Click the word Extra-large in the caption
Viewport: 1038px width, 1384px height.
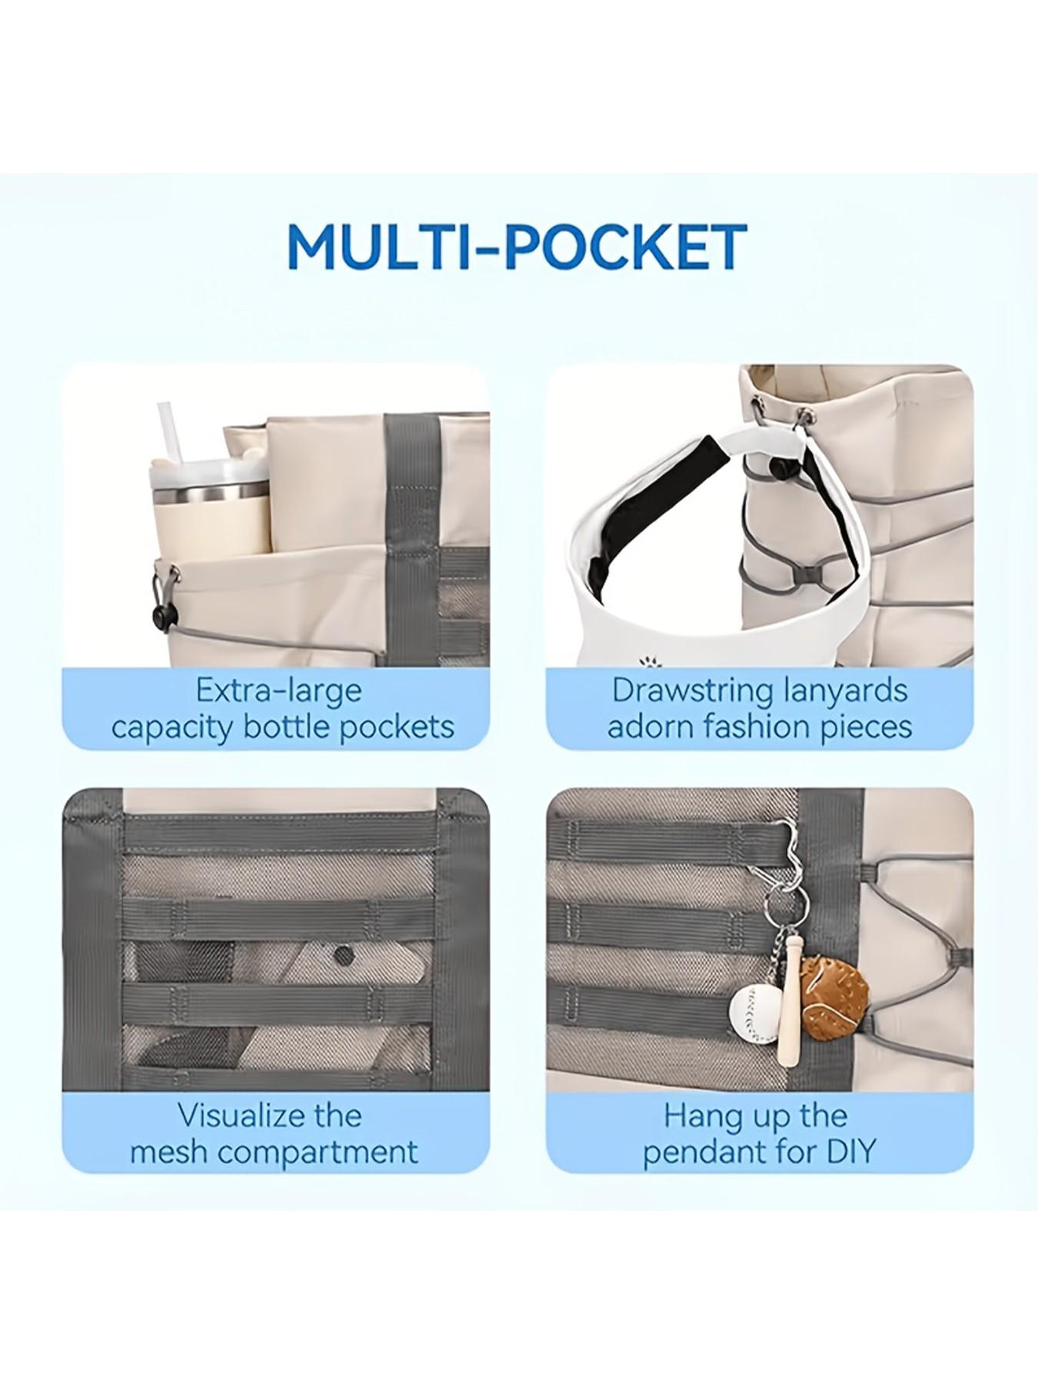click(278, 690)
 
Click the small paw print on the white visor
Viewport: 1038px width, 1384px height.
click(646, 660)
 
